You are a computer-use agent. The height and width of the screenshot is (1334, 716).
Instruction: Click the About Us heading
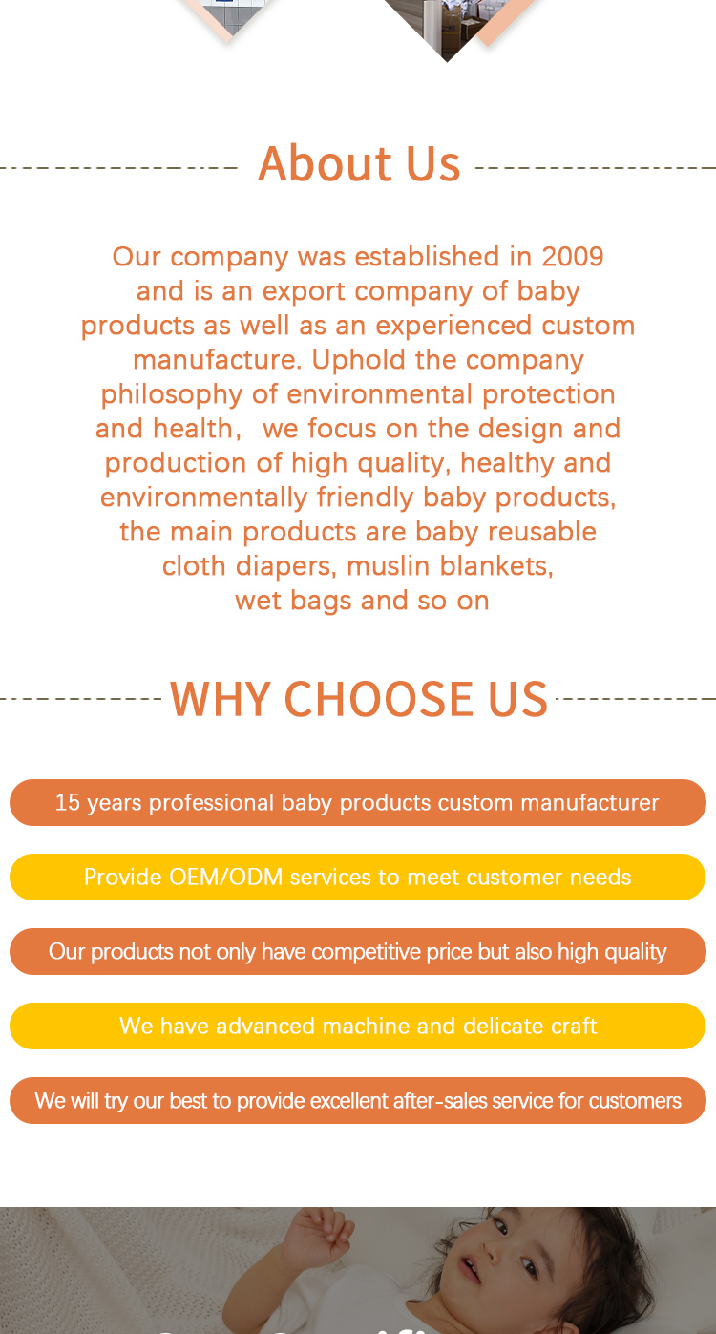(359, 163)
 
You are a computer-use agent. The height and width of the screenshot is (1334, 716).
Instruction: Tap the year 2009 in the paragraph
(573, 256)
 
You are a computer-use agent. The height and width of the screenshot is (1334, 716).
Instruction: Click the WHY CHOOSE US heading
(359, 699)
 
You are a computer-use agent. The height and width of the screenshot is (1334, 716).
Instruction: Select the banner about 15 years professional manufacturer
(357, 802)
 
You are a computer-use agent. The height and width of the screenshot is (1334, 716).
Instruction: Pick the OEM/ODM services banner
(357, 877)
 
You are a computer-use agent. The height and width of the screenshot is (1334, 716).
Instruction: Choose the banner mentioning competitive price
(357, 951)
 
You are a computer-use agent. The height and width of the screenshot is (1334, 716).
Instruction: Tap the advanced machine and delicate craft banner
(357, 1026)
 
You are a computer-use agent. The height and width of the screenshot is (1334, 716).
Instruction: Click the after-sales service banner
(357, 1100)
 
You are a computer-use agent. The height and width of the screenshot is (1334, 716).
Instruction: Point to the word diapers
(280, 566)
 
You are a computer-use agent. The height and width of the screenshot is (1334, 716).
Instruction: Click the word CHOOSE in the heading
(379, 699)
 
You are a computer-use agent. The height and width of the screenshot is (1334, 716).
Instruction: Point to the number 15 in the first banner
(67, 802)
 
